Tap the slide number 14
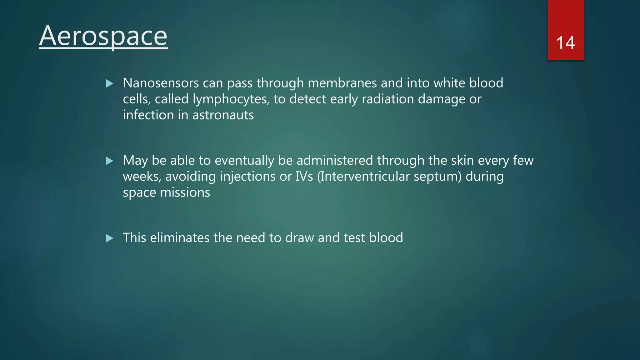[565, 43]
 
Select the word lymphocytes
[231, 99]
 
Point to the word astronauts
[223, 115]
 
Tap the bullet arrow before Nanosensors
[109, 83]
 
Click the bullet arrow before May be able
[109, 161]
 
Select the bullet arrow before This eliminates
[109, 238]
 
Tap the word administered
[335, 161]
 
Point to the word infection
[148, 115]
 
